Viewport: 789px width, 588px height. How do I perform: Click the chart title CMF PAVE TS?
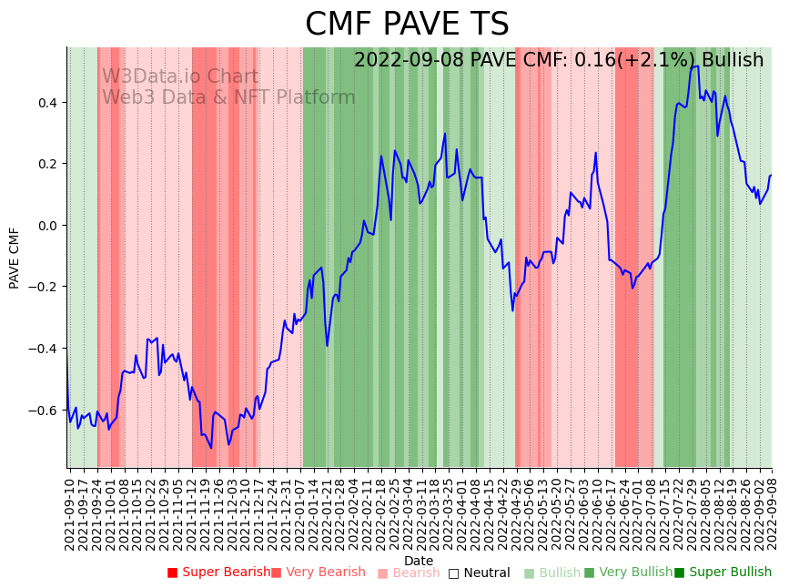click(x=407, y=25)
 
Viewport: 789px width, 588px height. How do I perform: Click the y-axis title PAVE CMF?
click(x=15, y=259)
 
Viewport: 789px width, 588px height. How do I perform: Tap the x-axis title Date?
click(x=419, y=561)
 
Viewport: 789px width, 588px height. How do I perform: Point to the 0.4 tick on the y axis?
click(x=46, y=103)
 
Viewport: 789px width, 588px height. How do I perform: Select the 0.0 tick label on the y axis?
click(x=46, y=226)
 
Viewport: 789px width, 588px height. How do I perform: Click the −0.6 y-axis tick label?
click(x=43, y=411)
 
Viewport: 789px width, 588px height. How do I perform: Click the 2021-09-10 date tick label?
click(x=70, y=510)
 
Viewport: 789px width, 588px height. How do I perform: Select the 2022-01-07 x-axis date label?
click(x=299, y=510)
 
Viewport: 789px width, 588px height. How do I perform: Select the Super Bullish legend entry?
click(x=729, y=573)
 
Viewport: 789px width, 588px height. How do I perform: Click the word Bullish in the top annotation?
click(x=733, y=60)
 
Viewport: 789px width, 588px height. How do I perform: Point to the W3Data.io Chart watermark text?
click(x=180, y=77)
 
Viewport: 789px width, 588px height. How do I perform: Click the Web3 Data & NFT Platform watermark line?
click(x=228, y=97)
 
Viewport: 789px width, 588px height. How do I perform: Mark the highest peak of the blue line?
click(x=696, y=66)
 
